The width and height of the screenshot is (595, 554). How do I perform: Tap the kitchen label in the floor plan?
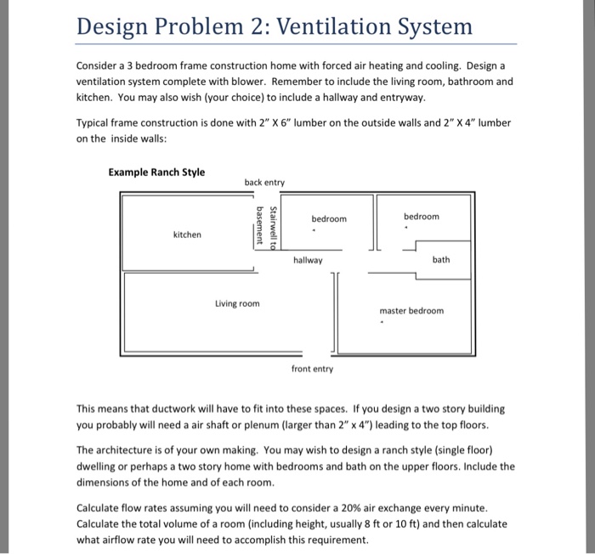coord(187,235)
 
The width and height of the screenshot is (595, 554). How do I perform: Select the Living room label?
coord(237,303)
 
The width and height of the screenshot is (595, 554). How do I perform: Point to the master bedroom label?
coord(411,310)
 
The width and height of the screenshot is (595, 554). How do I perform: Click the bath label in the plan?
coord(441,259)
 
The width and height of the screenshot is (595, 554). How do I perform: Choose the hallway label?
coord(308,260)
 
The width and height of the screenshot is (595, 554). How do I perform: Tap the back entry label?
coord(264,183)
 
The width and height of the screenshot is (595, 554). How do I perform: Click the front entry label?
coord(312,369)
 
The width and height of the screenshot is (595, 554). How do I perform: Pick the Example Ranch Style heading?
coord(156,172)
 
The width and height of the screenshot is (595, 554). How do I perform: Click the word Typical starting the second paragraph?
coord(94,123)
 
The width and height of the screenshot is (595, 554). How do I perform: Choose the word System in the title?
coord(436,26)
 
